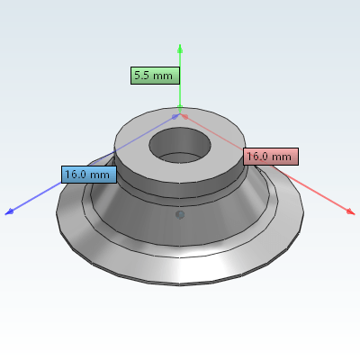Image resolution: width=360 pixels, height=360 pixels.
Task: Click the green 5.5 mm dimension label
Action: coord(155,76)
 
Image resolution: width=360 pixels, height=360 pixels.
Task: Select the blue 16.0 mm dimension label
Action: coord(89,175)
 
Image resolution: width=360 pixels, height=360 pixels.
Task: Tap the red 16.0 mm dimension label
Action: coord(271,157)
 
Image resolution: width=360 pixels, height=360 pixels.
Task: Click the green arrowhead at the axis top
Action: coord(180,49)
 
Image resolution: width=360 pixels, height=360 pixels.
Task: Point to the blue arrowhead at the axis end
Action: coord(9,211)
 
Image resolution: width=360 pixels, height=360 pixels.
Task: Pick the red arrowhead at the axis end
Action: coord(351,211)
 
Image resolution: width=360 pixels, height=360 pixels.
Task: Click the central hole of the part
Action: coord(180,146)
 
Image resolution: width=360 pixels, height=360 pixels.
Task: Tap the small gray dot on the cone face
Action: coord(180,215)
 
